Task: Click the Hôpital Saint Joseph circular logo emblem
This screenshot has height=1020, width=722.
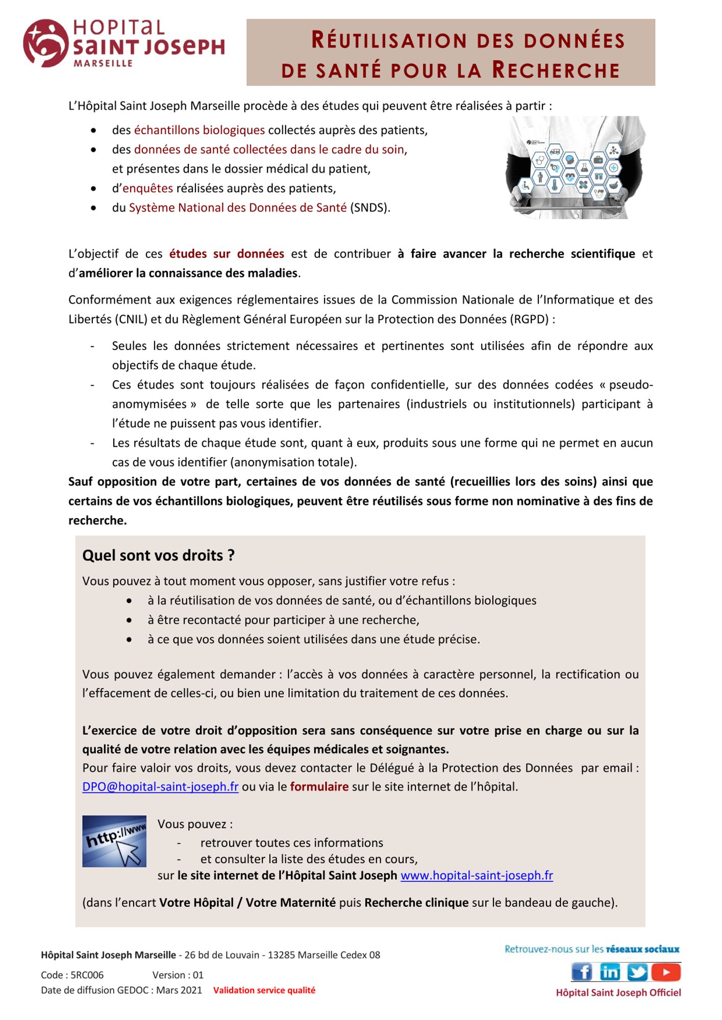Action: click(45, 43)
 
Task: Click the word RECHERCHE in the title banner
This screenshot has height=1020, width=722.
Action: click(556, 70)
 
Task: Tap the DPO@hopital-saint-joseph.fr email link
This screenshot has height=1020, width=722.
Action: click(160, 786)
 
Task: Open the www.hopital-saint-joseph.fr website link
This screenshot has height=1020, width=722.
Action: click(477, 875)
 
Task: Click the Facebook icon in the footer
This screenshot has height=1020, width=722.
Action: click(582, 972)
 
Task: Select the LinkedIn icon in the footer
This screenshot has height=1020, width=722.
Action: click(610, 972)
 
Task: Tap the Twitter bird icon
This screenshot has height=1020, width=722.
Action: click(637, 972)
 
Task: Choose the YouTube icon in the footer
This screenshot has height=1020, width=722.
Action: click(665, 972)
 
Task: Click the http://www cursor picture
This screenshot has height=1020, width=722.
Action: click(114, 841)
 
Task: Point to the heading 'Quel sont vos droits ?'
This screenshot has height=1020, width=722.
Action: click(158, 555)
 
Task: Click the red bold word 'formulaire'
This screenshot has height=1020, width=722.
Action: click(319, 786)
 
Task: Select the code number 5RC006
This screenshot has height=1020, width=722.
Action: click(87, 975)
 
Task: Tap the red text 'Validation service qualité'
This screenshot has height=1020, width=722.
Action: click(264, 990)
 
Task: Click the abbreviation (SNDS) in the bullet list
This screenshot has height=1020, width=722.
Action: click(370, 208)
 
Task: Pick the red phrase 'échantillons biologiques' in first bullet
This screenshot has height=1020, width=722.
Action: click(199, 130)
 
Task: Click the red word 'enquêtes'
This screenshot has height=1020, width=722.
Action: click(147, 188)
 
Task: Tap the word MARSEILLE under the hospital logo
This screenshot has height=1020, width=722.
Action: click(103, 64)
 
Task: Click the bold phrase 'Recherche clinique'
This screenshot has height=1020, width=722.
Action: click(416, 902)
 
